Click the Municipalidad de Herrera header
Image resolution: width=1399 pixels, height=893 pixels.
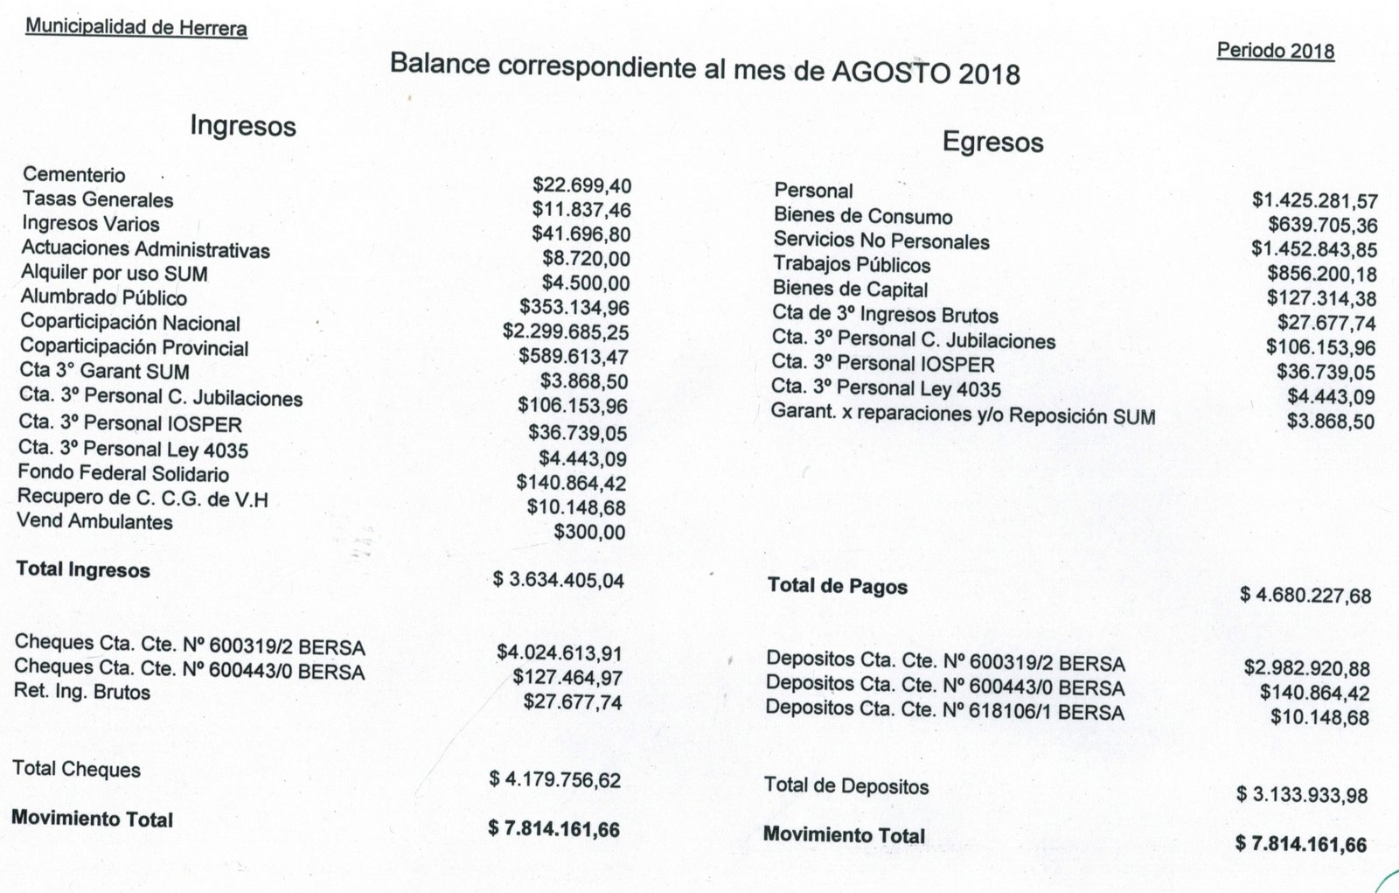point(136,27)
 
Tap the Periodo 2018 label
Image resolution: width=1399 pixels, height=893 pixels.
point(1275,51)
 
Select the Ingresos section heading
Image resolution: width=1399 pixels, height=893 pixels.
point(243,127)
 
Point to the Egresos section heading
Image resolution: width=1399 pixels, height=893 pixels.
point(992,143)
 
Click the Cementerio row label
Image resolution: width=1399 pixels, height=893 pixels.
point(74,175)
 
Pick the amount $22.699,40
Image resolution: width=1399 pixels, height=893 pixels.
point(581,185)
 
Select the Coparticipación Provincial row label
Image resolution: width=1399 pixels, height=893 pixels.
point(135,347)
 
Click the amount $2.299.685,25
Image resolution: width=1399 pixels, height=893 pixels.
point(566,331)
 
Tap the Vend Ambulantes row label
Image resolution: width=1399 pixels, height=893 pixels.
point(94,522)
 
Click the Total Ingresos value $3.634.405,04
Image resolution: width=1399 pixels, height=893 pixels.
point(558,579)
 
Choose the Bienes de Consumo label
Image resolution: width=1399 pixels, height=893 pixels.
point(863,216)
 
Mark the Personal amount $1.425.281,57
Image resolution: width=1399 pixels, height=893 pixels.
point(1314,200)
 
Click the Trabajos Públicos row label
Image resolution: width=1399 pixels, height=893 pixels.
point(852,265)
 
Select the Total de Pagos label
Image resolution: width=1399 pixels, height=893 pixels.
point(837,586)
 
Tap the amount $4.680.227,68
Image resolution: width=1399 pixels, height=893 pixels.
point(1305,596)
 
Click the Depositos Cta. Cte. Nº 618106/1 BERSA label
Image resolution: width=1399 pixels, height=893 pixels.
point(945,711)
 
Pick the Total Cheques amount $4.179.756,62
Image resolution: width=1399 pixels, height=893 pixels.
point(555,778)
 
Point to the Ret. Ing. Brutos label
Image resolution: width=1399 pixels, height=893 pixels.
point(82,692)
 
